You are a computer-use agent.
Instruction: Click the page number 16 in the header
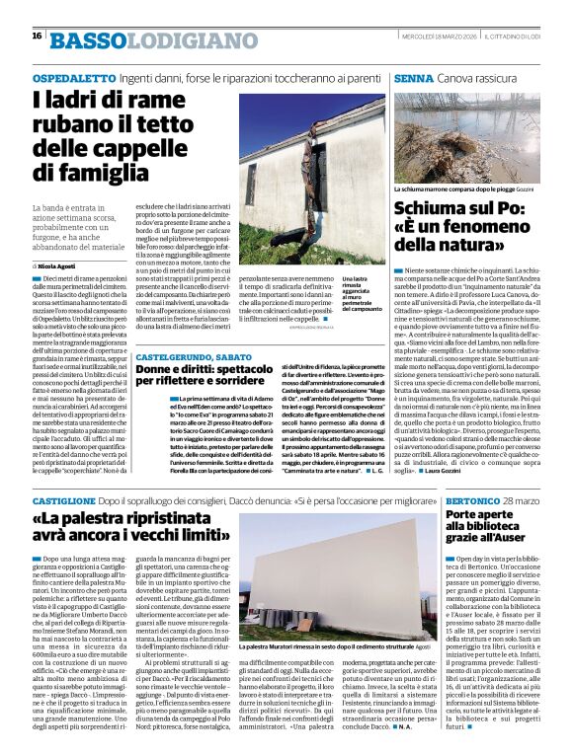37,36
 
